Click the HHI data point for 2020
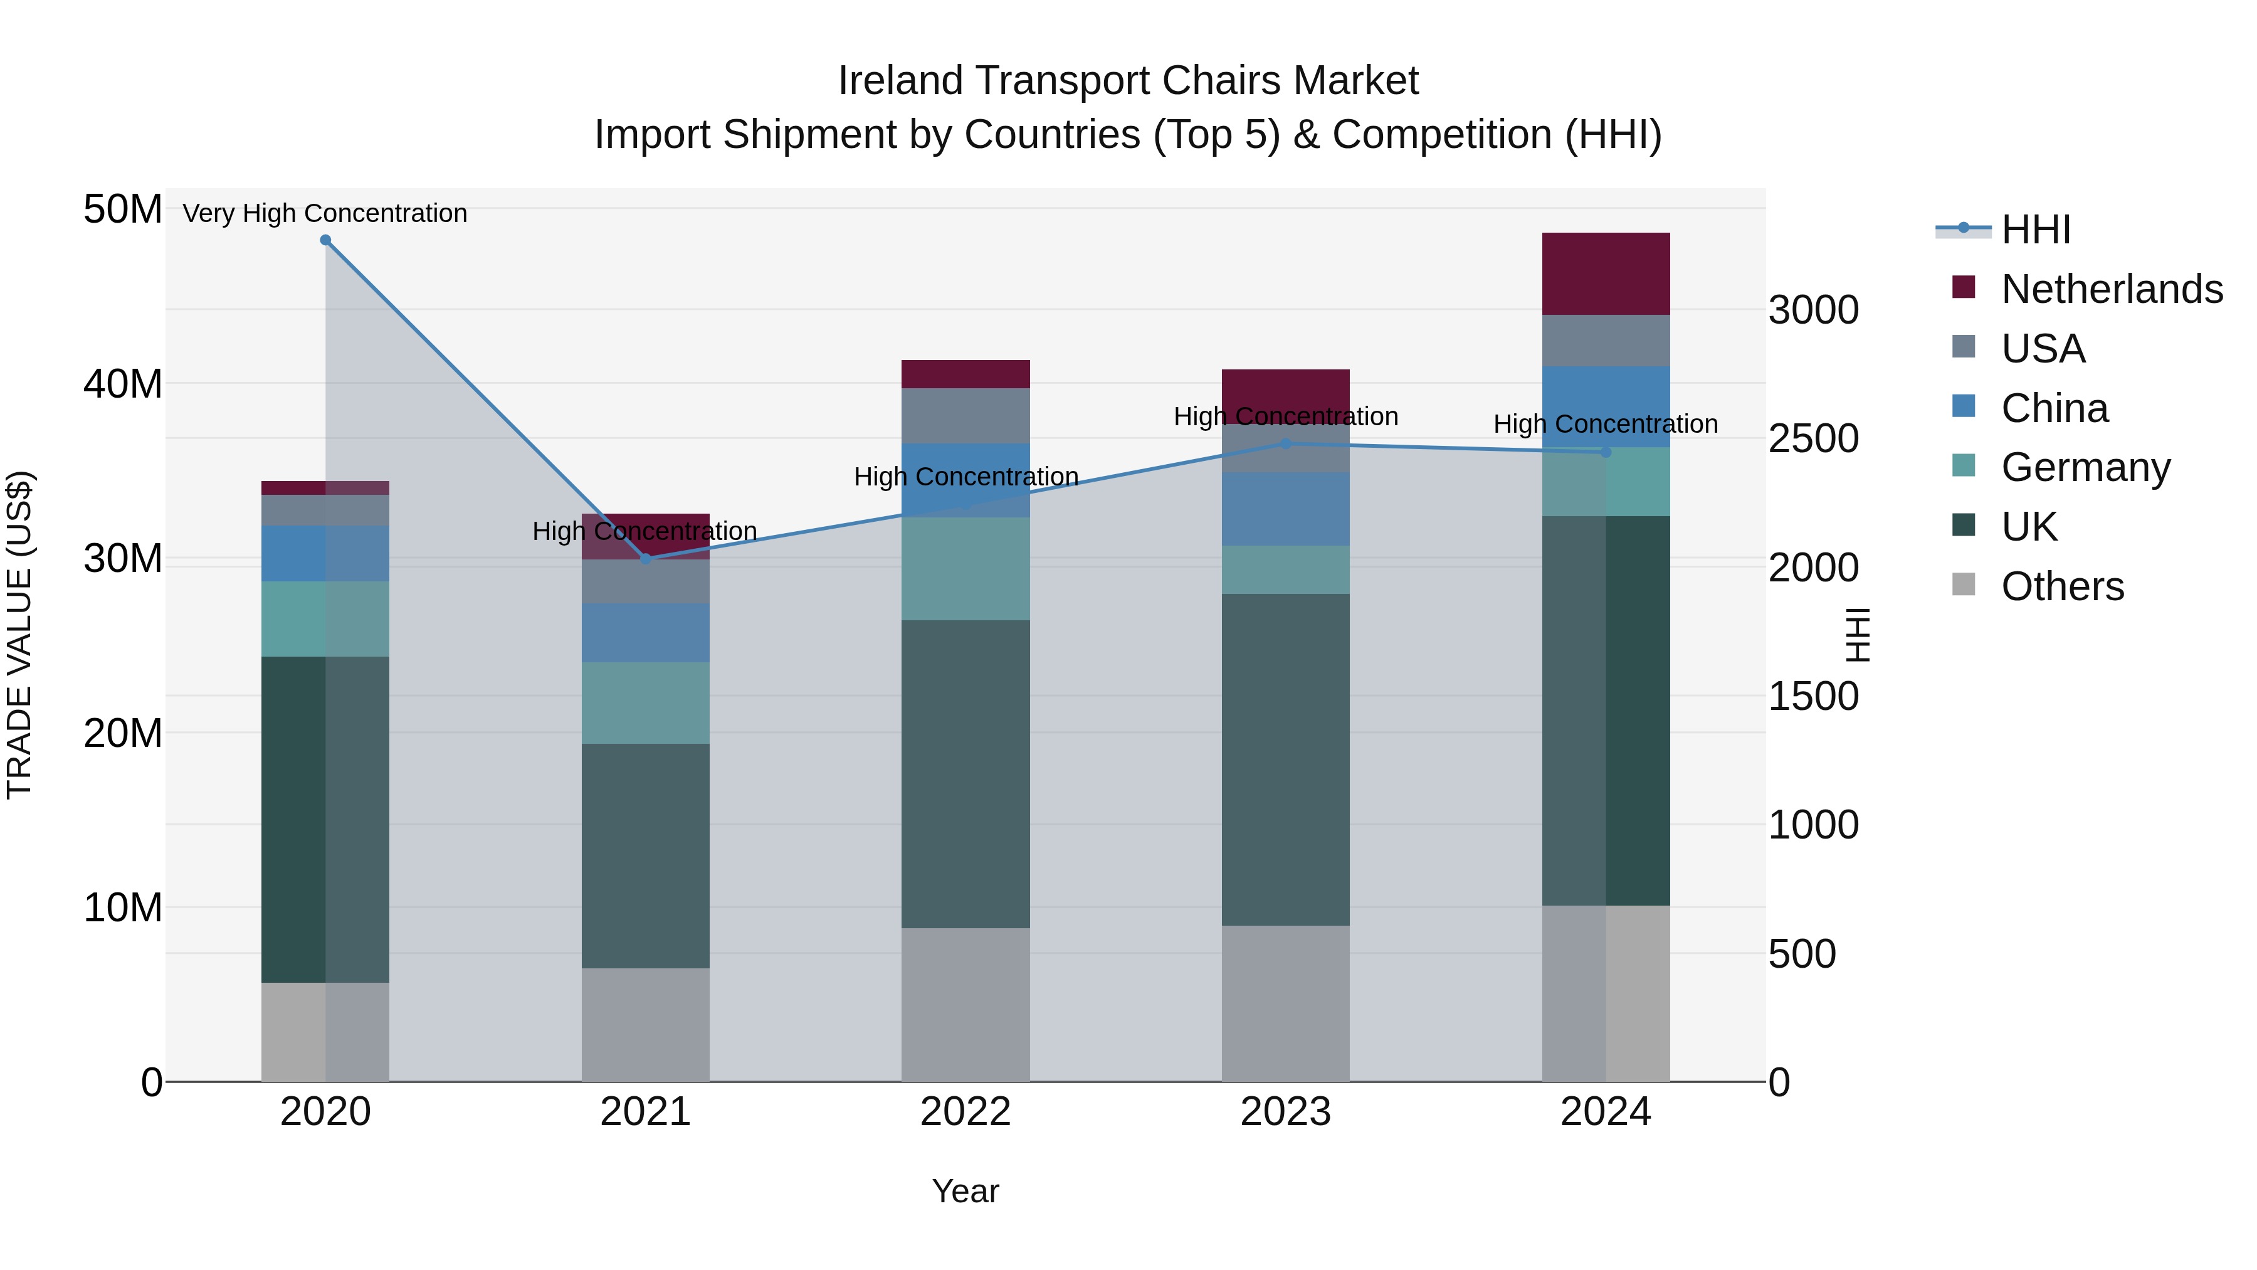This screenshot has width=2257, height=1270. click(325, 240)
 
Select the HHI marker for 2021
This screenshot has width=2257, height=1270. click(646, 558)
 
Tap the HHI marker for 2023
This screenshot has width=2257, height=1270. click(1285, 443)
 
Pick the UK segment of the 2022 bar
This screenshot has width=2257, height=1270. click(965, 774)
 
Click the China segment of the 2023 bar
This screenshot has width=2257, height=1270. click(1285, 509)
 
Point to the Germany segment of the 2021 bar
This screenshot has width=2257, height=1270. click(646, 703)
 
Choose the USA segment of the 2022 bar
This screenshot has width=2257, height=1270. click(965, 416)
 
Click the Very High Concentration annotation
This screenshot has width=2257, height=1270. click(325, 213)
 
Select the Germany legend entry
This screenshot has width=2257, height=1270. click(2085, 467)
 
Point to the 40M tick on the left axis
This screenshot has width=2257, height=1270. click(123, 384)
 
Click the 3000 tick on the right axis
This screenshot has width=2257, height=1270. click(1812, 310)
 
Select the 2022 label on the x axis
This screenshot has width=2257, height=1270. click(965, 1112)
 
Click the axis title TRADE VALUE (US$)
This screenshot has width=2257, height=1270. click(19, 635)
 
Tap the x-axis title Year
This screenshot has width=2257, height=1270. click(965, 1191)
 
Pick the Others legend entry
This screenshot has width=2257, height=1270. click(2061, 586)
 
